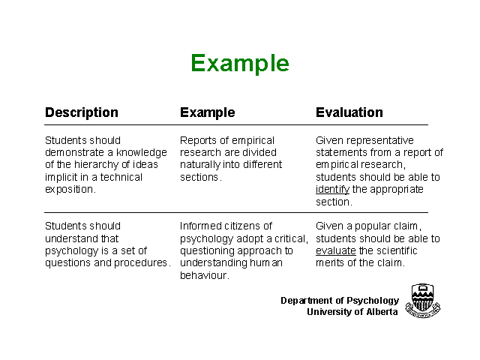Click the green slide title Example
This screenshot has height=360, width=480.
point(240,64)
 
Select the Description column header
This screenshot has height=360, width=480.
point(82,112)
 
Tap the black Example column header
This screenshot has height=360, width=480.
point(207,113)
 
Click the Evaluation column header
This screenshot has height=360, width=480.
point(349,112)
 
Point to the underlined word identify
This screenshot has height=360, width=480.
point(332,190)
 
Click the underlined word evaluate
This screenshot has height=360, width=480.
point(336,250)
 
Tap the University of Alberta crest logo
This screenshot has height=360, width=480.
point(423,301)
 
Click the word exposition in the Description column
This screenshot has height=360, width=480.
point(69,190)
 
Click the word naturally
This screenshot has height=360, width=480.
point(200,165)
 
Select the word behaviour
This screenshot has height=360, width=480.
point(203,275)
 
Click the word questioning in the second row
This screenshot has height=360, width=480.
point(207,251)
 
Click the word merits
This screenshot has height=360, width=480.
point(330,263)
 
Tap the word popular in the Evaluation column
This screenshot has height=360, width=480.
point(370,226)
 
